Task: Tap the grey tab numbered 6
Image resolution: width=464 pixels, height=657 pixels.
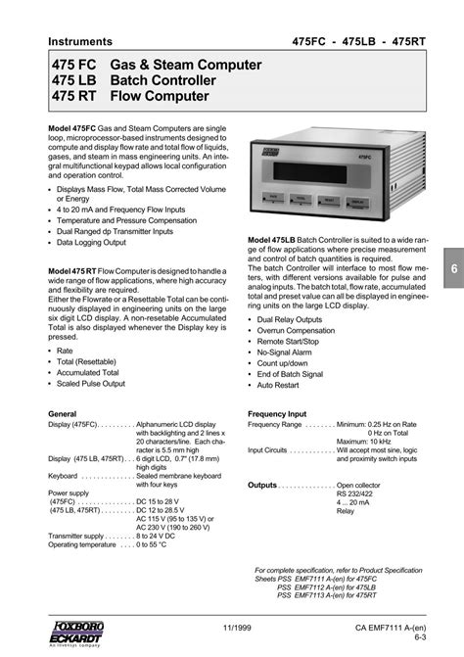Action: click(x=454, y=269)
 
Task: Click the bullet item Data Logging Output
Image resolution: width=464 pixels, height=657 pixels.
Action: click(x=91, y=242)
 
